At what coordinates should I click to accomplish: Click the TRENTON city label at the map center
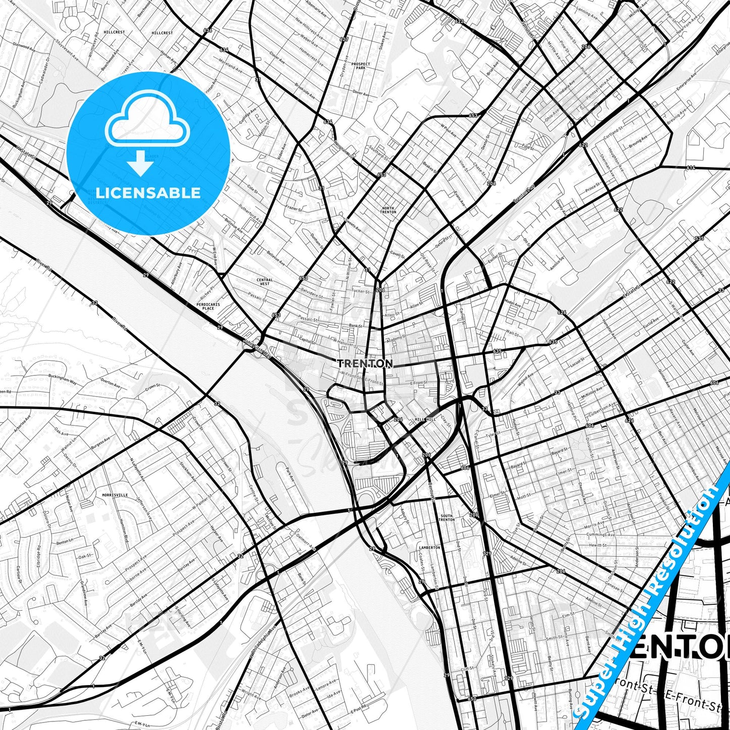click(364, 363)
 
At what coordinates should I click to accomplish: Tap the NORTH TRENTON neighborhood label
click(388, 210)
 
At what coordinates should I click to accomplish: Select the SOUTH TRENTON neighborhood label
click(446, 517)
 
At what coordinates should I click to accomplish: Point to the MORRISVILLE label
click(115, 495)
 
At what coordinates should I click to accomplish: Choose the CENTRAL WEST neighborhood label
click(264, 281)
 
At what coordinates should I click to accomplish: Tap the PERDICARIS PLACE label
click(209, 306)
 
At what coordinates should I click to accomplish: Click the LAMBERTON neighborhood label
click(429, 547)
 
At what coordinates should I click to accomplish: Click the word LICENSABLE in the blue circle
click(148, 192)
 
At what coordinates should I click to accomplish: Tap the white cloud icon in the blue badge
click(147, 121)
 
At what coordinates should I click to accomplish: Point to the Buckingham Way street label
click(62, 376)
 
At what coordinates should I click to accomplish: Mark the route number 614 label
click(691, 167)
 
